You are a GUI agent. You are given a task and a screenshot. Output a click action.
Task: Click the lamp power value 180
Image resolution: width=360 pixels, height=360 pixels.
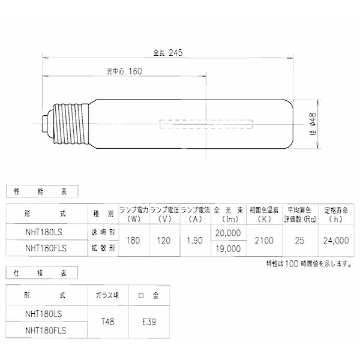(133, 240)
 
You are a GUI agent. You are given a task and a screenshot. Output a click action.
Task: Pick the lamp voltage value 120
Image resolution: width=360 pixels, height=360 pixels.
(164, 240)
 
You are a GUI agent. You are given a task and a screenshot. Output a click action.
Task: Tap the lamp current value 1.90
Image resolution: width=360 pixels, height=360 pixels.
(195, 240)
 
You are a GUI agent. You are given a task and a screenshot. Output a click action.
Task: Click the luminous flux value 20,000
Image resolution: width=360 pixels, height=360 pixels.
(227, 232)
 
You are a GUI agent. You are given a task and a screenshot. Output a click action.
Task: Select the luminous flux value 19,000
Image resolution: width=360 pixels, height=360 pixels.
(227, 248)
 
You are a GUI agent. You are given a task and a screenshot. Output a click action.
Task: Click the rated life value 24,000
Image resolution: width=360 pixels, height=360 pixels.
(335, 240)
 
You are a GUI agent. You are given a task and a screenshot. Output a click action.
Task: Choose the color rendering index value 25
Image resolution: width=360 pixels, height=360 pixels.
(298, 240)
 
